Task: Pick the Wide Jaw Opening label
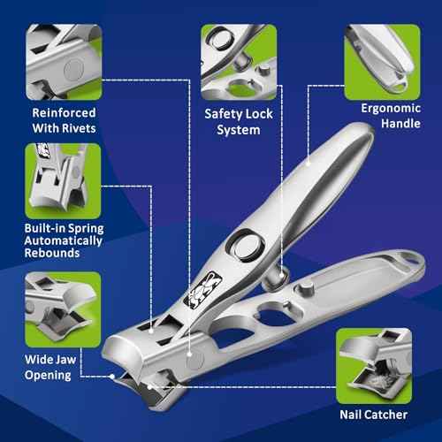coord(61,367)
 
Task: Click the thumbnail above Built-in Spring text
coord(61,177)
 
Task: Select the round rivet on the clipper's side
coord(192,359)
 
